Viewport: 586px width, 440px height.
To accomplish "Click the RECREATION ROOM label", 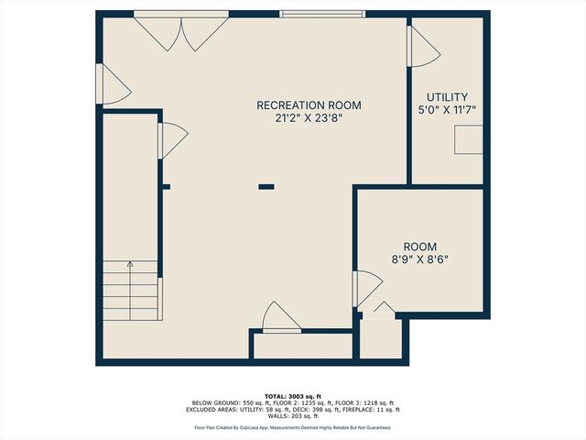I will click(304, 104).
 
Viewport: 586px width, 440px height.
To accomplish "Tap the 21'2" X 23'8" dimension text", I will click(304, 118).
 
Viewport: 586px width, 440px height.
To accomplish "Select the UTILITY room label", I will click(448, 97).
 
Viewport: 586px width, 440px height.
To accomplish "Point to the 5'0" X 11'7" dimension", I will click(448, 110).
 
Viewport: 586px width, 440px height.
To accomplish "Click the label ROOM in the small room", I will click(420, 247).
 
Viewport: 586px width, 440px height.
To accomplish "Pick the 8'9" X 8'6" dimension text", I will click(420, 259).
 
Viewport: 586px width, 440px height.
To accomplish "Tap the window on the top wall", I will click(320, 14).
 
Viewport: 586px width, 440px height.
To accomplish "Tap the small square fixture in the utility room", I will click(469, 138).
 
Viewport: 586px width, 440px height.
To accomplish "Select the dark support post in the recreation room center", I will click(266, 186).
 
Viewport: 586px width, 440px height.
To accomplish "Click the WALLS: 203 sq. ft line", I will click(293, 416).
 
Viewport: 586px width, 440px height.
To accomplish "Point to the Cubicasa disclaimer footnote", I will click(293, 427).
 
